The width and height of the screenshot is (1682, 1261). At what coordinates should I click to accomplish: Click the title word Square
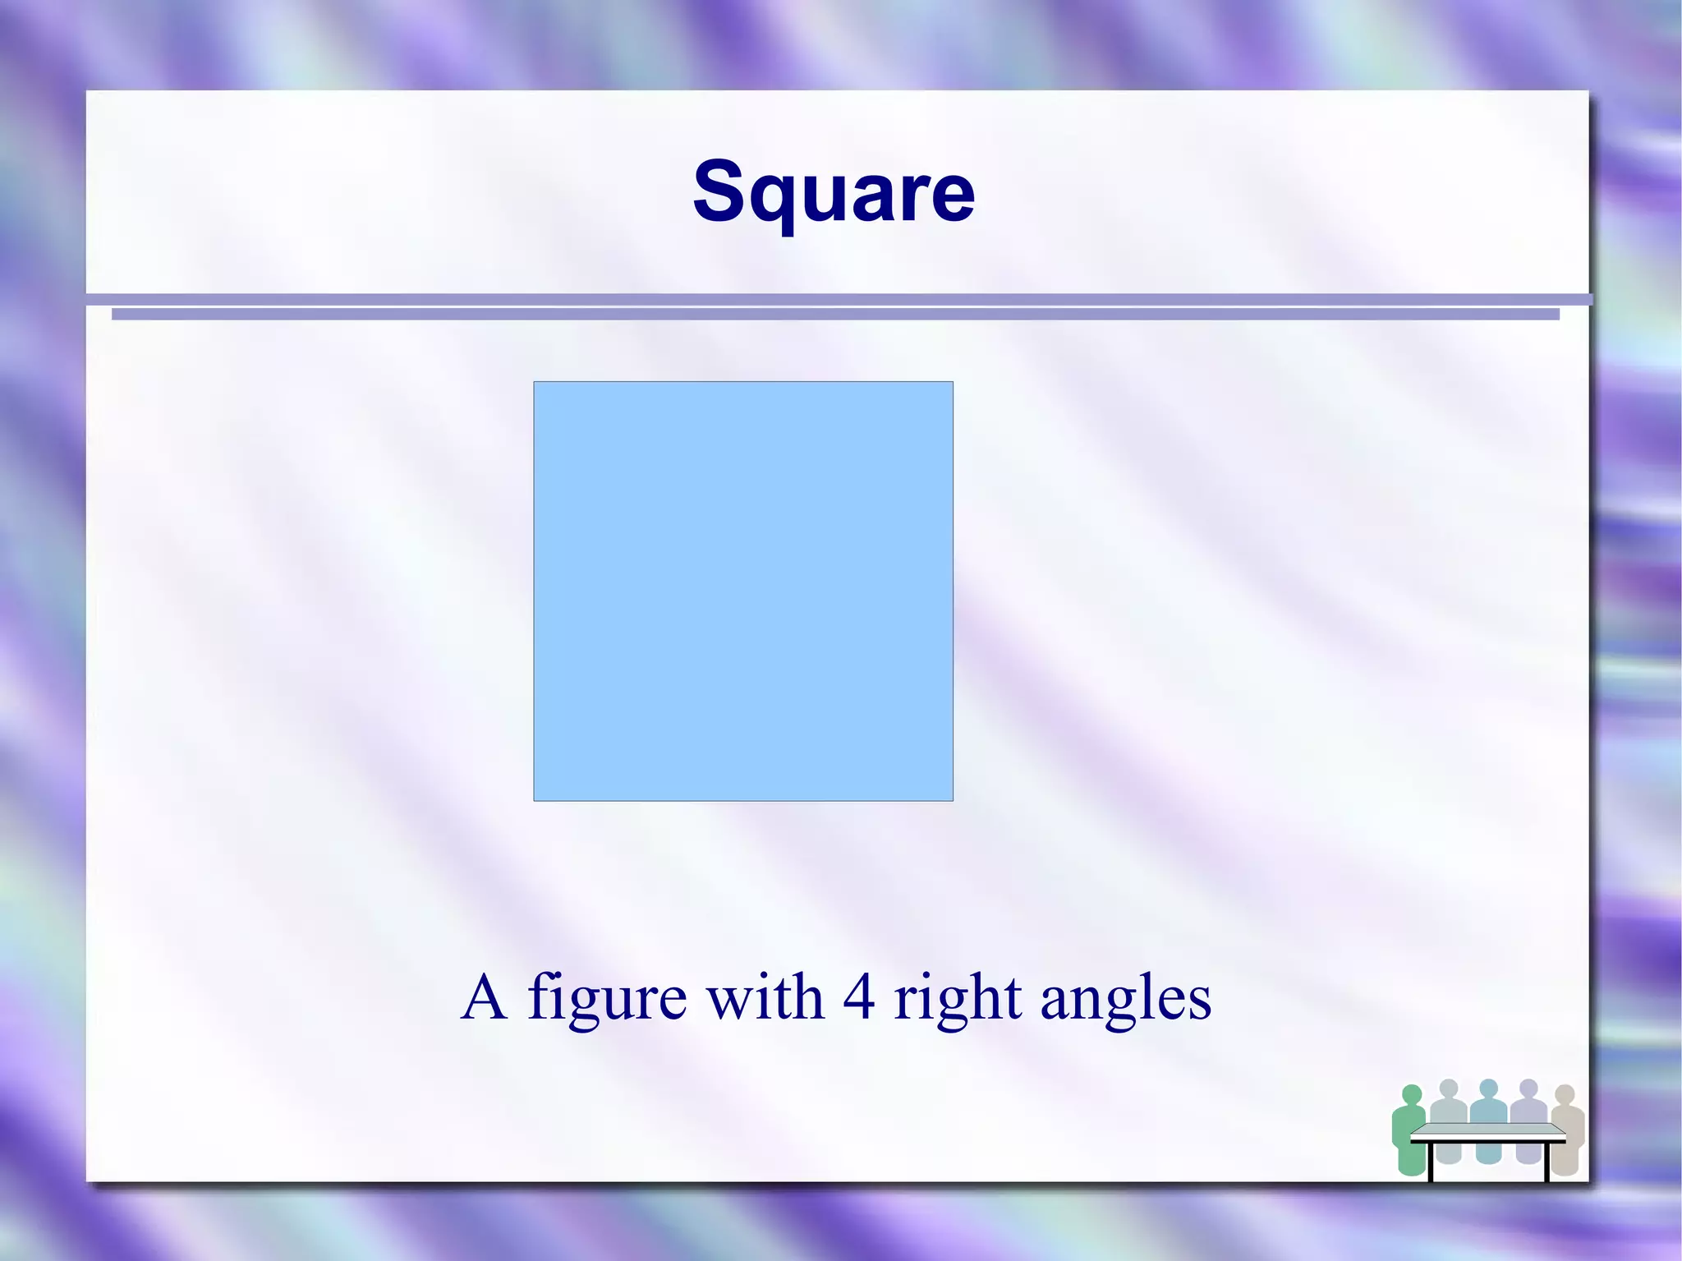[x=834, y=191]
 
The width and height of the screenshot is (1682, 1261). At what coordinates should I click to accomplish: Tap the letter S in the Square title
[x=720, y=191]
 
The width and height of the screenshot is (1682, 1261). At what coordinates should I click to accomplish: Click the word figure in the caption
[x=607, y=999]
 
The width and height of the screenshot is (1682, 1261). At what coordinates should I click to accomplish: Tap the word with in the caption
[x=765, y=997]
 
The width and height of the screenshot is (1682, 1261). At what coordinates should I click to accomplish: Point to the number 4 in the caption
[x=858, y=997]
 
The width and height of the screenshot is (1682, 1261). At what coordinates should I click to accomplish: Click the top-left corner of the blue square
[x=535, y=382]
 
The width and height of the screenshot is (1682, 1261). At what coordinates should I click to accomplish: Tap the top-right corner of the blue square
[x=953, y=382]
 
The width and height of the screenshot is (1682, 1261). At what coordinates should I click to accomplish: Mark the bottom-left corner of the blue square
[x=535, y=800]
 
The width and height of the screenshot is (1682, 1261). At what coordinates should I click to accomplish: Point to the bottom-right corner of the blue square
[x=953, y=800]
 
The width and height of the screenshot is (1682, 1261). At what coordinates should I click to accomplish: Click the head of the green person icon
[x=1411, y=1095]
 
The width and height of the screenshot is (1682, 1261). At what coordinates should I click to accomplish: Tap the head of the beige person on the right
[x=1565, y=1094]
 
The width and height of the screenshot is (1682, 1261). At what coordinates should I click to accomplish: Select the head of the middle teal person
[x=1488, y=1088]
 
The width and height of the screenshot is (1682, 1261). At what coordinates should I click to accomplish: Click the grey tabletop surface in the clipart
[x=1488, y=1131]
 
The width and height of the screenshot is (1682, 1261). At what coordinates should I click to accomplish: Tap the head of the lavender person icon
[x=1528, y=1088]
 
